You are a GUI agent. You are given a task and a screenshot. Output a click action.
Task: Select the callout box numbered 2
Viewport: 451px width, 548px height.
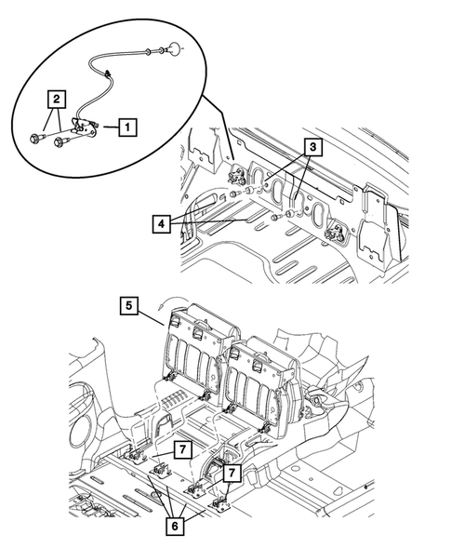pos(58,97)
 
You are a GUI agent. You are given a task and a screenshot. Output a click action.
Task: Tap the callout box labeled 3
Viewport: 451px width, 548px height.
pos(315,146)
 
